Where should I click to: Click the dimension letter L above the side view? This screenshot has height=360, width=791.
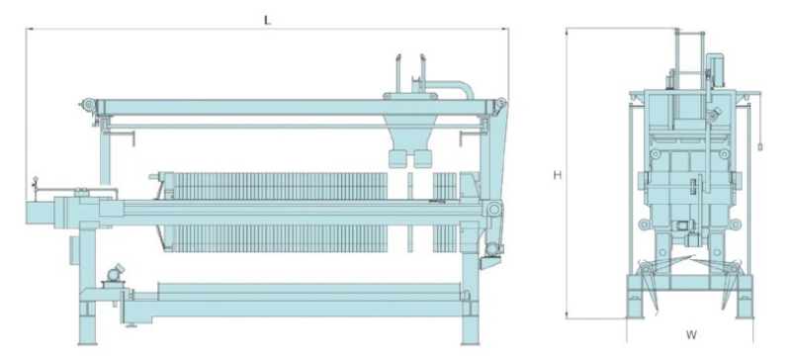tap(268, 20)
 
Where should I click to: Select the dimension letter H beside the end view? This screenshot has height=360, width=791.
tap(558, 175)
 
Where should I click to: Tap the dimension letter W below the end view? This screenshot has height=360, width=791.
tap(691, 334)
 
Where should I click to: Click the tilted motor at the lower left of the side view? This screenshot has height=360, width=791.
tap(115, 273)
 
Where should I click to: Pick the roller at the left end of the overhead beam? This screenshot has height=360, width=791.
tap(89, 105)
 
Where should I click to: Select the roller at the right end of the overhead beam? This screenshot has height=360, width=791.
tap(501, 102)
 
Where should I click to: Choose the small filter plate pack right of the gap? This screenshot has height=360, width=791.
tap(444, 212)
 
